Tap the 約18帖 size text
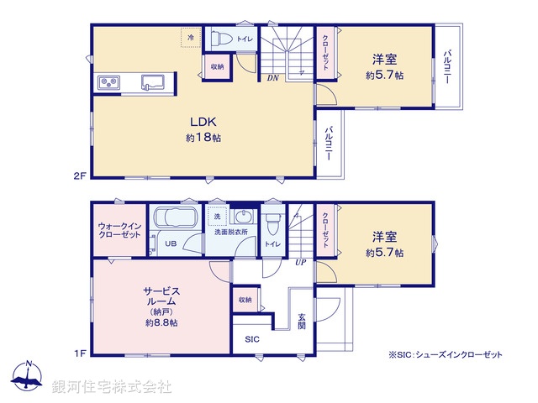[x=203, y=137]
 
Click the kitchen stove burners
[x=110, y=81]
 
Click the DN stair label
[x=272, y=79]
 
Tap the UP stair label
[x=299, y=262]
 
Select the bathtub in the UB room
[x=174, y=222]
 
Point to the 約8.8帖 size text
[x=161, y=322]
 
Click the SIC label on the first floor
[x=252, y=340]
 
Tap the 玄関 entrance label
[x=301, y=321]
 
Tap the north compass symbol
[x=29, y=377]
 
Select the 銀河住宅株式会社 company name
[x=112, y=387]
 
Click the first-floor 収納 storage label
[x=244, y=299]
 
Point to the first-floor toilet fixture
[x=272, y=225]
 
